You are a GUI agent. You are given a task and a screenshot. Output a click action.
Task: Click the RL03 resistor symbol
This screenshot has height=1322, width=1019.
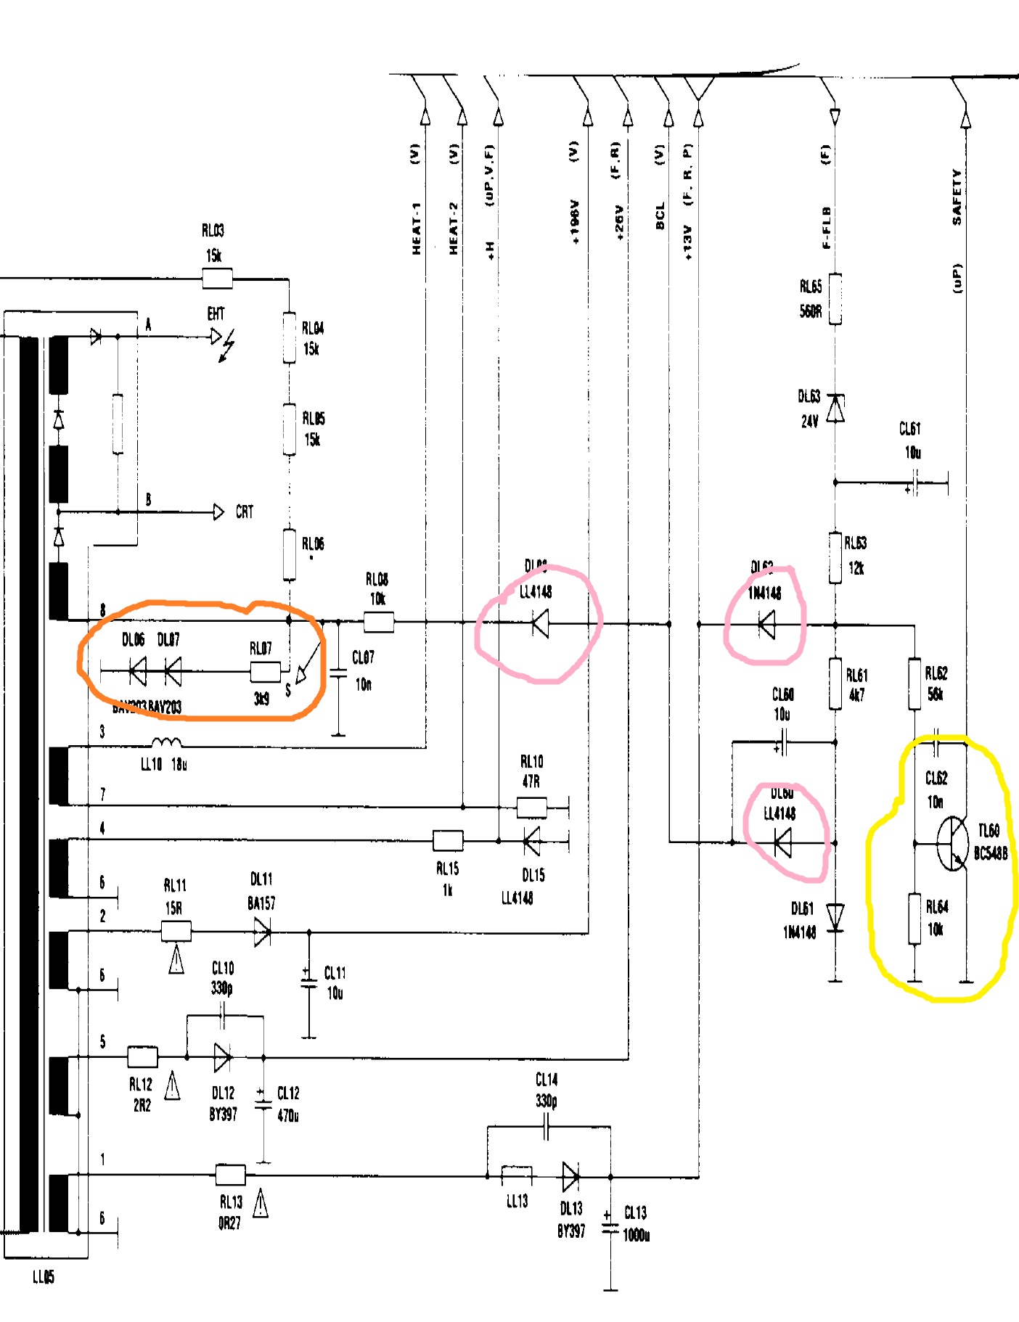point(217,279)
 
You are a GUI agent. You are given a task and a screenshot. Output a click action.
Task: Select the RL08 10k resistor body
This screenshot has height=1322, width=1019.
point(378,622)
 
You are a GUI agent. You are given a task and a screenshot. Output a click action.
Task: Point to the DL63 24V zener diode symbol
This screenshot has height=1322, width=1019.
point(835,408)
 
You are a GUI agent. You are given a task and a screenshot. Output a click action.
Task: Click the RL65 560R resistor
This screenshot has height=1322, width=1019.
point(835,298)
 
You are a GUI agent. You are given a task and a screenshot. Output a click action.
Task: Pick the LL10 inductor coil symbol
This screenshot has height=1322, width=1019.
point(167,742)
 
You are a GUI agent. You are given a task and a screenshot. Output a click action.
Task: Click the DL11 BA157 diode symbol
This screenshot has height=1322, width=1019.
point(262,932)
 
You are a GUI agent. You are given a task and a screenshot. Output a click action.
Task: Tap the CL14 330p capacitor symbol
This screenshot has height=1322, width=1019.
point(547,1127)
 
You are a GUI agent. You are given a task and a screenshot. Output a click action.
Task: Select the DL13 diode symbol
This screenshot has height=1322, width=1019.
point(570,1176)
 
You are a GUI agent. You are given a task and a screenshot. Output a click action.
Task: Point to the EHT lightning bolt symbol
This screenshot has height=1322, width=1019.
point(228,345)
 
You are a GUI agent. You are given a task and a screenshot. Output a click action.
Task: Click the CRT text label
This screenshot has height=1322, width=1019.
point(245,512)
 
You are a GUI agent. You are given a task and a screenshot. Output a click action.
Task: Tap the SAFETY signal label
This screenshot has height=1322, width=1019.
point(957,197)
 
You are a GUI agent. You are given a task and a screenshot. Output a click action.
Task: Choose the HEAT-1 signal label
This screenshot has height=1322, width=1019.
point(417,228)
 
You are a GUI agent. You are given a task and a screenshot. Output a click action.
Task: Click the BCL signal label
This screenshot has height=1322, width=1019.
point(660,216)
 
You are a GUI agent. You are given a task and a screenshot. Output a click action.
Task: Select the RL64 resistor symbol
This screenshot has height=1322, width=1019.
point(915,919)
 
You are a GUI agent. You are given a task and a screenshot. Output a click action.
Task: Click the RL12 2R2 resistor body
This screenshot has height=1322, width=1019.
point(142,1056)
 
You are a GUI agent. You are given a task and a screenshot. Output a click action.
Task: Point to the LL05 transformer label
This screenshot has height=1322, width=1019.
point(44,1277)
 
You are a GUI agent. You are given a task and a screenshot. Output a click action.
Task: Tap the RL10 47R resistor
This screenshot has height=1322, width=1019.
point(531,807)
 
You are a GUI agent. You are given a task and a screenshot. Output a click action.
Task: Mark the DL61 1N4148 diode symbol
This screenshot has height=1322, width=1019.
point(835,916)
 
